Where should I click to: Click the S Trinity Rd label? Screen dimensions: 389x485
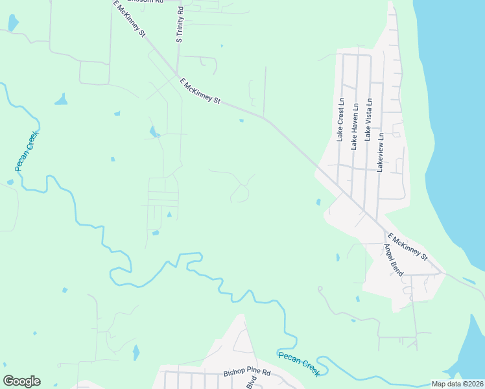180,25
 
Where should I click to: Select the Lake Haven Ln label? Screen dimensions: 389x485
355,127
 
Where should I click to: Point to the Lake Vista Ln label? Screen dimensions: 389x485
369,120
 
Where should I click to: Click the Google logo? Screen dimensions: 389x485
21,381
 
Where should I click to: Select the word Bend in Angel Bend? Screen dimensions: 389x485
397,266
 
